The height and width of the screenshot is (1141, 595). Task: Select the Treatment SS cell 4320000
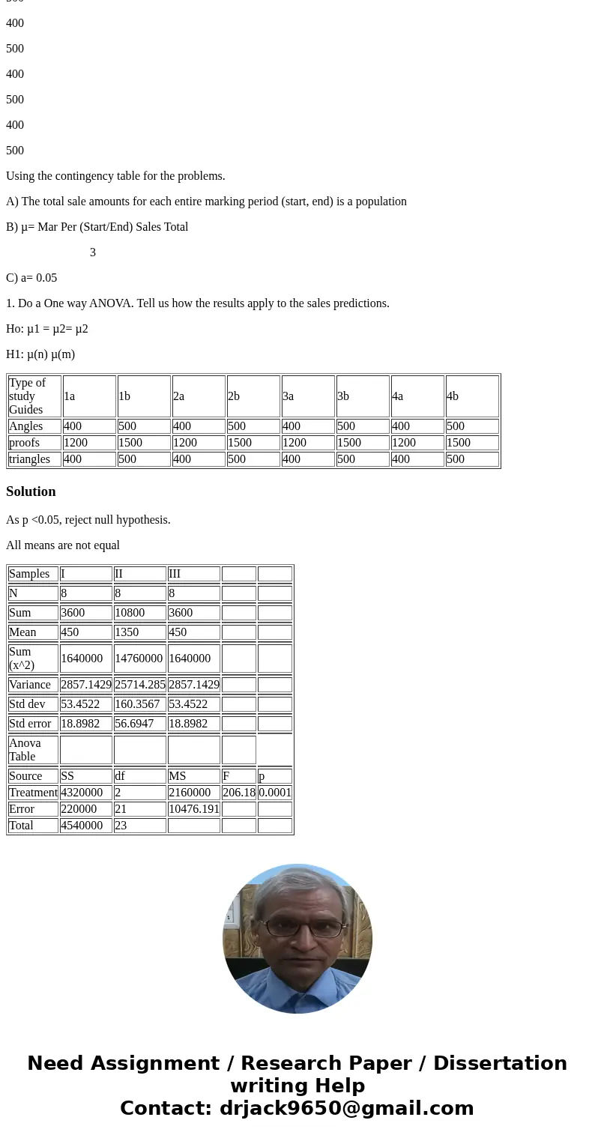[x=82, y=792]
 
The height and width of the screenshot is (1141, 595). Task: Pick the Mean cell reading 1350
[x=127, y=632]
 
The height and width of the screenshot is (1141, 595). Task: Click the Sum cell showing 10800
[x=131, y=612]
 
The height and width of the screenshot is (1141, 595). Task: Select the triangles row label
[x=30, y=458]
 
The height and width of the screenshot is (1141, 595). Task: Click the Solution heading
[x=31, y=491]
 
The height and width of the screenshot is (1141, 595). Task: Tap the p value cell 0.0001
[x=275, y=792]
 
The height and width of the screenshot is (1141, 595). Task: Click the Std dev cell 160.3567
[x=137, y=703]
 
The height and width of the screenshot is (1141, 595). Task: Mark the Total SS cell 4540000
[x=82, y=825]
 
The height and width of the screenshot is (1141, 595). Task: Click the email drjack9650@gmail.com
[x=346, y=1108]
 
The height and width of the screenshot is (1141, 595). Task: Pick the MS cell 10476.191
[x=193, y=808]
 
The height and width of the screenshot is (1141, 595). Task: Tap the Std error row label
[x=30, y=723]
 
